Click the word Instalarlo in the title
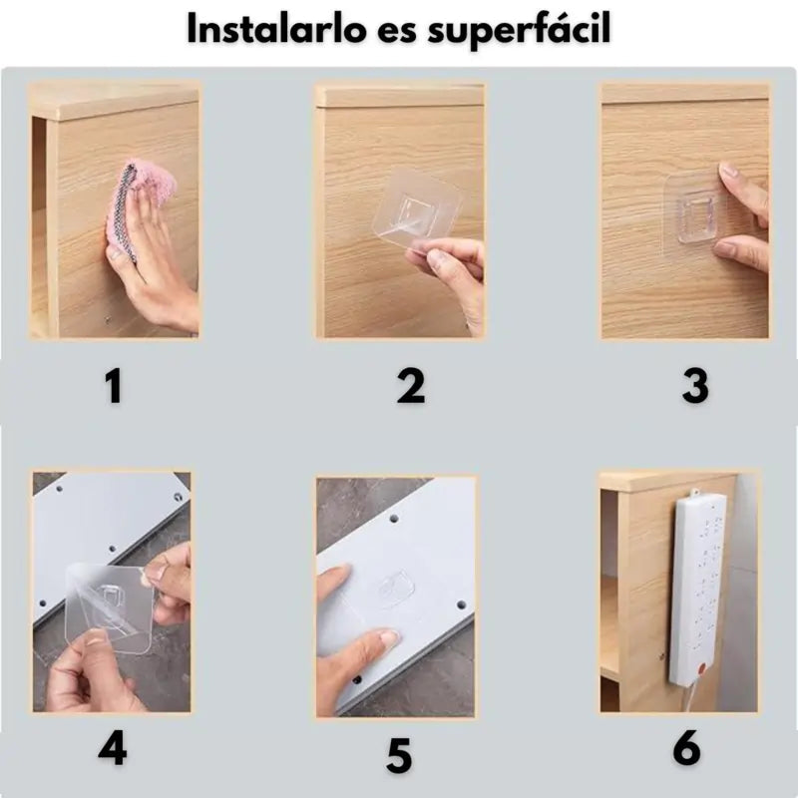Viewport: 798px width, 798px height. point(277,29)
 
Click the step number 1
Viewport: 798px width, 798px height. point(114,386)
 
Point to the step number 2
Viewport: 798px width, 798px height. point(410,386)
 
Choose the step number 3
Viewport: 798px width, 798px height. point(694,386)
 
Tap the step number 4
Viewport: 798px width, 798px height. point(113,748)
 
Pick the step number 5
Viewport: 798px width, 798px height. point(398,756)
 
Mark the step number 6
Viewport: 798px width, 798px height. point(686,748)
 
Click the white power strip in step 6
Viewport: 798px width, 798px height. point(697,591)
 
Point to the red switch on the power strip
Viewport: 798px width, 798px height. point(703,667)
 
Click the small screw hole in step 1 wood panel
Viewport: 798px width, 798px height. point(108,320)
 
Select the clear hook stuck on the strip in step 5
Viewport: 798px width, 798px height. point(394,591)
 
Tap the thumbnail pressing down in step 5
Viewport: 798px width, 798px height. point(389,637)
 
